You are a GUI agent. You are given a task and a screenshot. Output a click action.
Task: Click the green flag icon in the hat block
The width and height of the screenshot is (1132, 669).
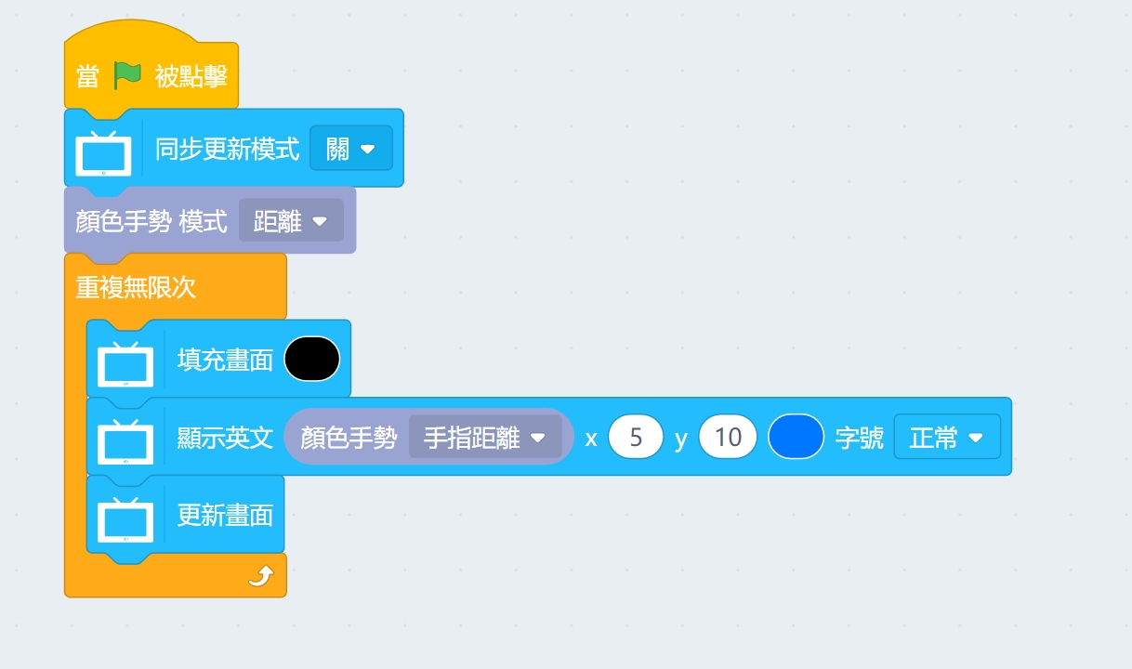pyautogui.click(x=126, y=75)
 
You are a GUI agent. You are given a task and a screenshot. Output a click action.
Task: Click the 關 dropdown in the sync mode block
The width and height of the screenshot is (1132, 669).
pyautogui.click(x=350, y=149)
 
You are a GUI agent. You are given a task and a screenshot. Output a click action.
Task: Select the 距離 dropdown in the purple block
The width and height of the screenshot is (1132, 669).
pyautogui.click(x=291, y=221)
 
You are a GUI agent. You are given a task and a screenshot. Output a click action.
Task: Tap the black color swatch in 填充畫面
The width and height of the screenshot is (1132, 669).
pyautogui.click(x=311, y=359)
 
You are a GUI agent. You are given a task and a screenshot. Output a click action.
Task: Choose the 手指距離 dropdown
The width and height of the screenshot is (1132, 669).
pyautogui.click(x=484, y=438)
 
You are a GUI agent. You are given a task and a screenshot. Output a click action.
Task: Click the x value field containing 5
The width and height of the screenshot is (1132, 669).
pyautogui.click(x=636, y=438)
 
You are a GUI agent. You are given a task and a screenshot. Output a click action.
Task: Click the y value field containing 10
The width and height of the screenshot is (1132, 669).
pyautogui.click(x=728, y=438)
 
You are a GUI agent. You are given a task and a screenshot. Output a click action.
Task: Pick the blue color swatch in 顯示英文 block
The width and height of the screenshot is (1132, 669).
pyautogui.click(x=796, y=438)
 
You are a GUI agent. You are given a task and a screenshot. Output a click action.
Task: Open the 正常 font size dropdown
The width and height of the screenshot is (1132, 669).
pyautogui.click(x=946, y=438)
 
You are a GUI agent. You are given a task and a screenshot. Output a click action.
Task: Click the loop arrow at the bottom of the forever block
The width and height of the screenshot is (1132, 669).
pyautogui.click(x=261, y=578)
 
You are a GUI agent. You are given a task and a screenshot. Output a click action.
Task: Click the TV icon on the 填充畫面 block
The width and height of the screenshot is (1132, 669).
pyautogui.click(x=125, y=362)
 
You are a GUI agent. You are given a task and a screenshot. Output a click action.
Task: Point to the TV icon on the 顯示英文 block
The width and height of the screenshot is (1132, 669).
pyautogui.click(x=125, y=440)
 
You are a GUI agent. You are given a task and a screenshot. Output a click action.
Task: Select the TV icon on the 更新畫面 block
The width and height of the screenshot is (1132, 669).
pyautogui.click(x=125, y=518)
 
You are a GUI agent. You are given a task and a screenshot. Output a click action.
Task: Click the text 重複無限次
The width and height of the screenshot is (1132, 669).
pyautogui.click(x=136, y=287)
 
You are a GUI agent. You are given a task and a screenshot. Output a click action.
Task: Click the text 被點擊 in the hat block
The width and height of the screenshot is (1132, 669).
pyautogui.click(x=191, y=76)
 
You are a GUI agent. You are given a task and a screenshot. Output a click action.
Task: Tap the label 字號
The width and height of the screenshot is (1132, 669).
pyautogui.click(x=859, y=438)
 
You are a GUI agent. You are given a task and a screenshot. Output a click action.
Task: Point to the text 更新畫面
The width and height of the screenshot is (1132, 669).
pyautogui.click(x=225, y=515)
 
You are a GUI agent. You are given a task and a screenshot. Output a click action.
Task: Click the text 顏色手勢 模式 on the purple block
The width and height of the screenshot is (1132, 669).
pyautogui.click(x=151, y=221)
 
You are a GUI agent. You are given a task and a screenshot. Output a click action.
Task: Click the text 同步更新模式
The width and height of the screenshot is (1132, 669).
pyautogui.click(x=228, y=149)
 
